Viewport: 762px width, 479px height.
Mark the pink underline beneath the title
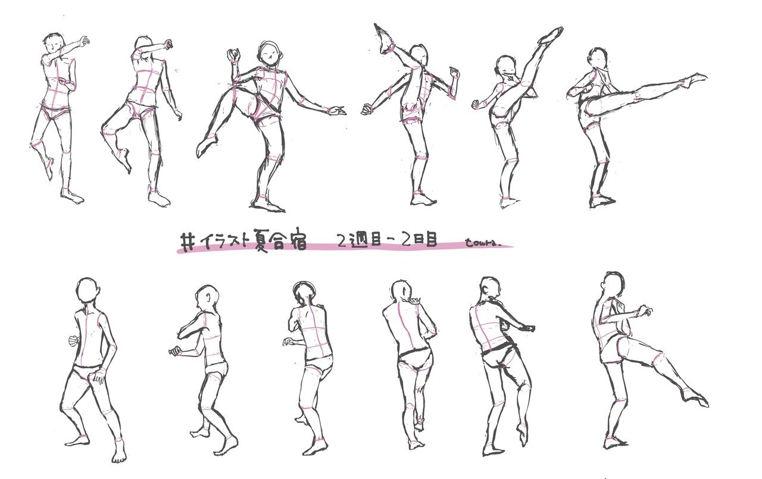345,250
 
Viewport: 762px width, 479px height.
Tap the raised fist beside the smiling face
233,57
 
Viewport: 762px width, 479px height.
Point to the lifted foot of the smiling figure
205,146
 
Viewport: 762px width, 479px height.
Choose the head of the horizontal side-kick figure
597,60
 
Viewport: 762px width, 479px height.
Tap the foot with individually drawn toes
119,455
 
